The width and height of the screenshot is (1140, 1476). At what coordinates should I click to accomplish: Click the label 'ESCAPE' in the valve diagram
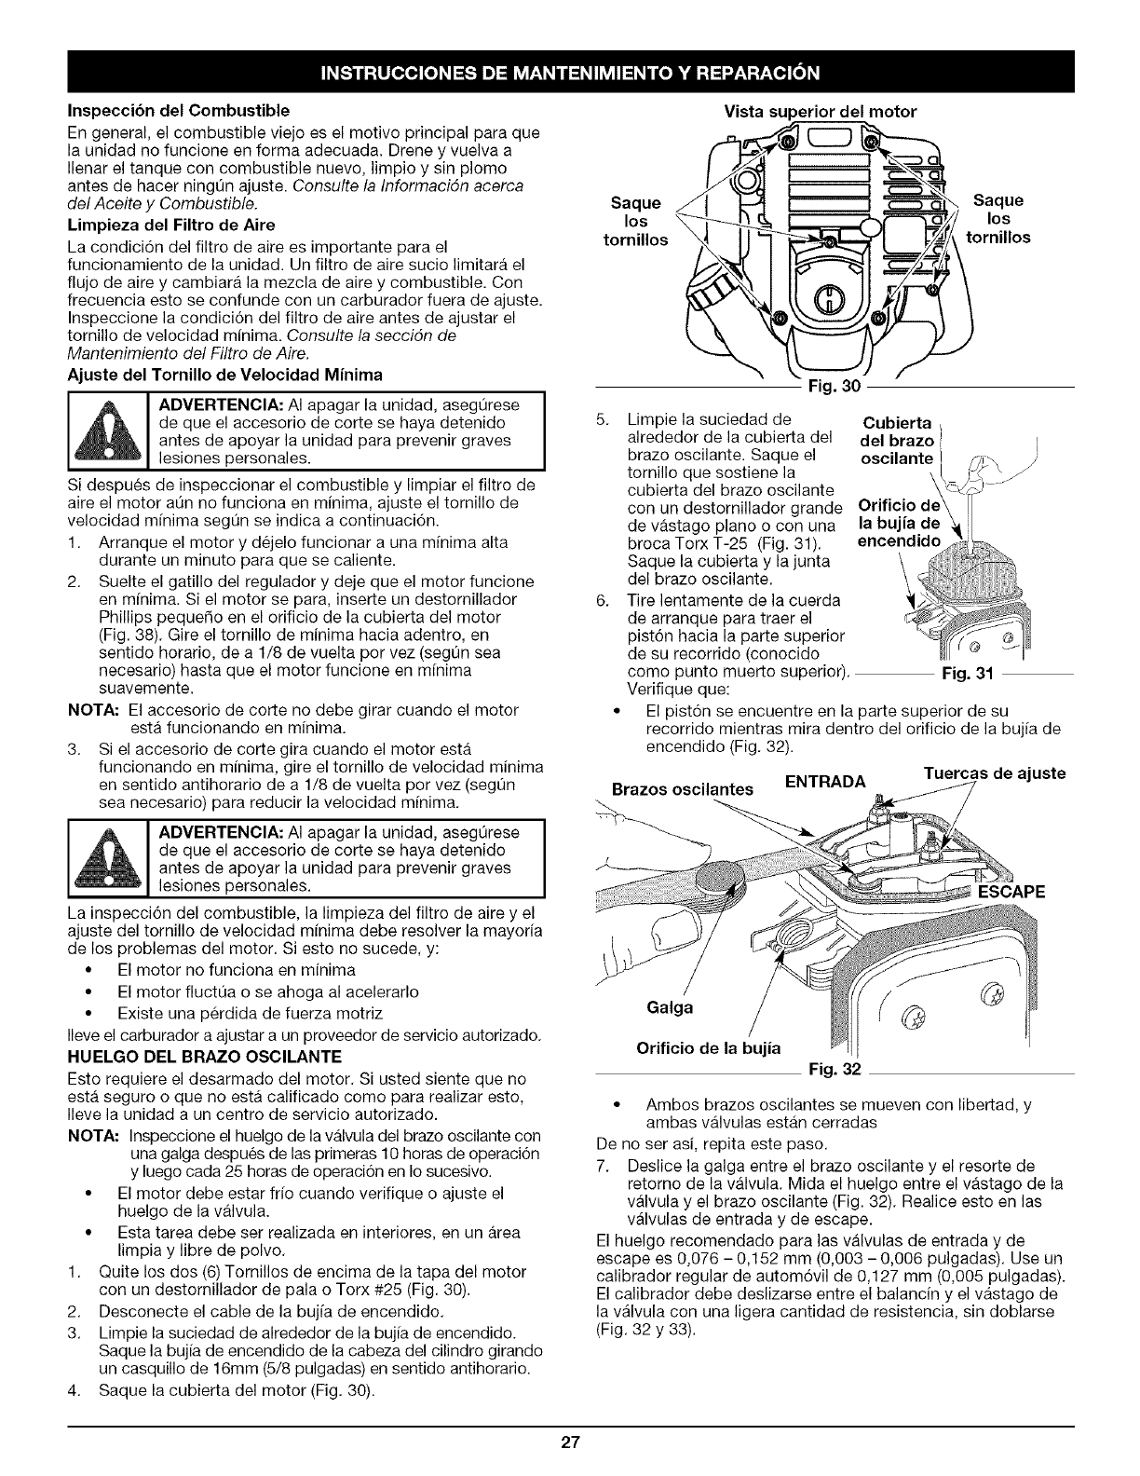click(1010, 892)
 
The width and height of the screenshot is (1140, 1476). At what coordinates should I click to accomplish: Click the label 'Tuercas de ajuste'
click(995, 773)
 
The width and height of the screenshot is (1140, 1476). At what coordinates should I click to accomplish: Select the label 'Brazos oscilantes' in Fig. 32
click(683, 789)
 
